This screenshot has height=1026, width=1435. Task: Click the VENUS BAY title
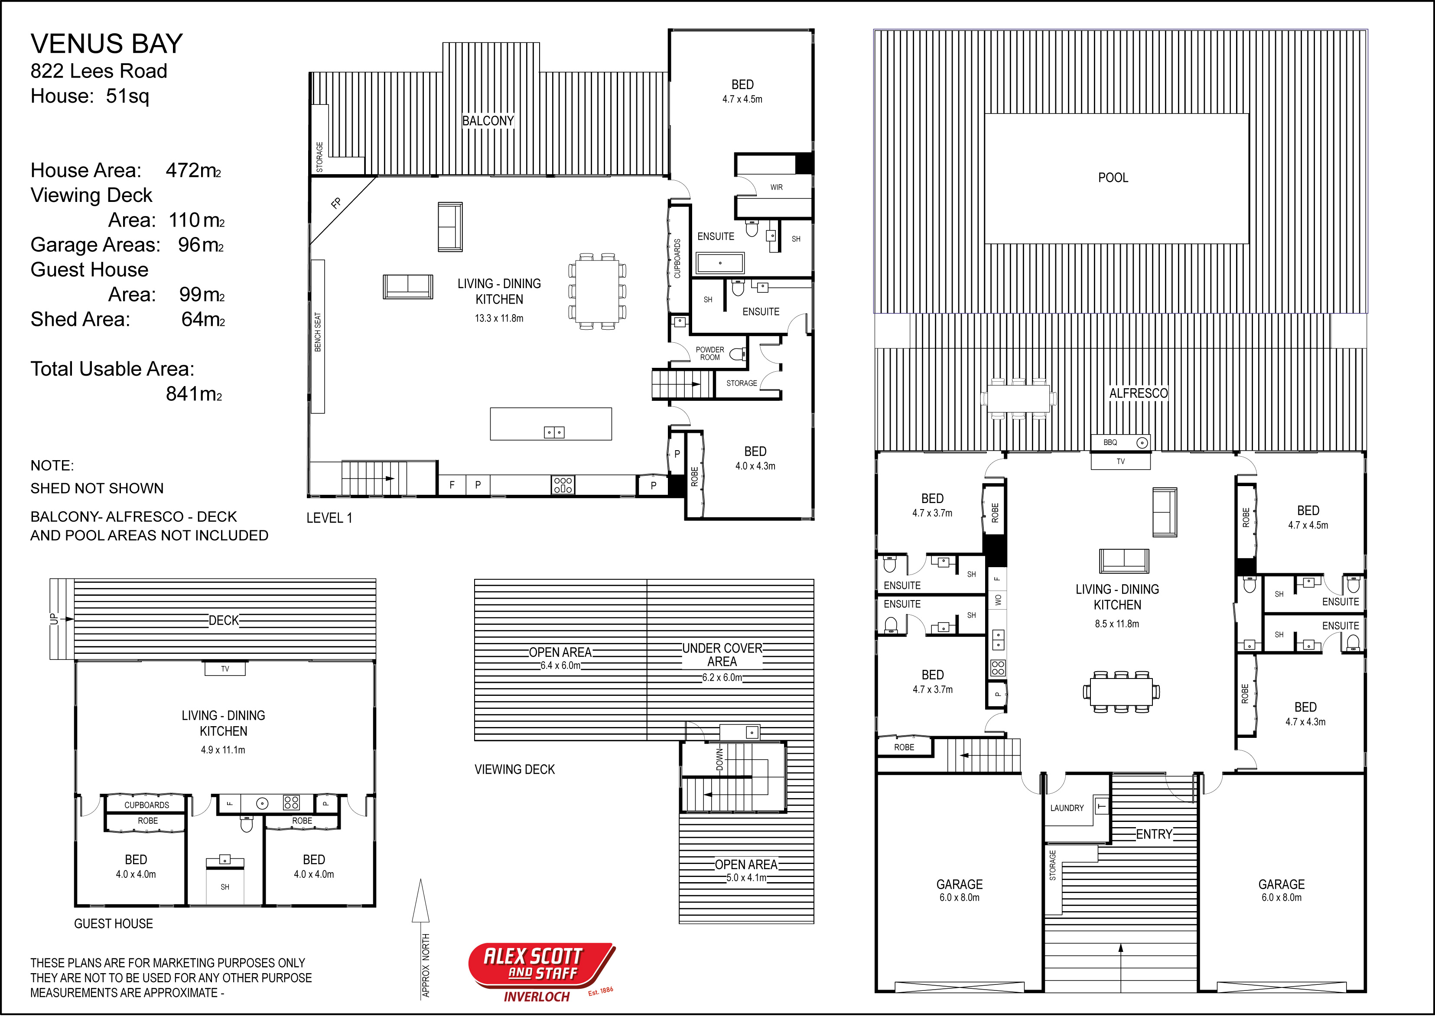107,44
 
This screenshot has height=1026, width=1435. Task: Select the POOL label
1113,178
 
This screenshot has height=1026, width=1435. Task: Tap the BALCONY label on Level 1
488,121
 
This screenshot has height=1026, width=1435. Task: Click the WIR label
777,187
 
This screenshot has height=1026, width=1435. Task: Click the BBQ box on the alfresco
1120,442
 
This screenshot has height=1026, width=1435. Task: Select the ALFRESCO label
1138,393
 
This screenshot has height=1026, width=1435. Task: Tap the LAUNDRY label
1067,808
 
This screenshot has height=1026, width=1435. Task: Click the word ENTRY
1154,834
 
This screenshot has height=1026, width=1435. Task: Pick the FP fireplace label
336,203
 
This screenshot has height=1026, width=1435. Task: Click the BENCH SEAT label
318,332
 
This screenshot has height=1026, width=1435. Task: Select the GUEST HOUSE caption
113,924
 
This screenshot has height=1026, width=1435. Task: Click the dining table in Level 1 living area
596,291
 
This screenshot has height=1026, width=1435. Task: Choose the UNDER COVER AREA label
722,655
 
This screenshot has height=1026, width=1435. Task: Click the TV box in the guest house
225,669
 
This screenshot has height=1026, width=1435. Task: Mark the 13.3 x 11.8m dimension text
499,318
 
